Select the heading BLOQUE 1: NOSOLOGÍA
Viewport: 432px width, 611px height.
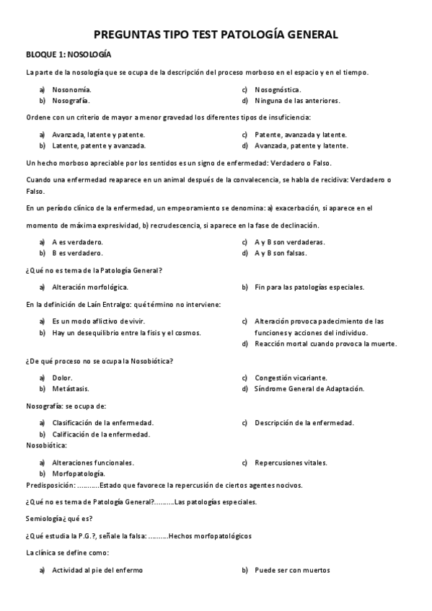tap(69, 55)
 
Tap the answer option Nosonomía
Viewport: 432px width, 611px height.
tap(71, 89)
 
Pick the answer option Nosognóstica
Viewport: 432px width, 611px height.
tap(278, 89)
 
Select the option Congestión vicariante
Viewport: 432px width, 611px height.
tap(291, 378)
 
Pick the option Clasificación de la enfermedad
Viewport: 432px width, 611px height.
tap(103, 422)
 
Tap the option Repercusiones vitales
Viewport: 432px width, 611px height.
tap(291, 463)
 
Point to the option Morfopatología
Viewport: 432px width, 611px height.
tap(79, 473)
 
